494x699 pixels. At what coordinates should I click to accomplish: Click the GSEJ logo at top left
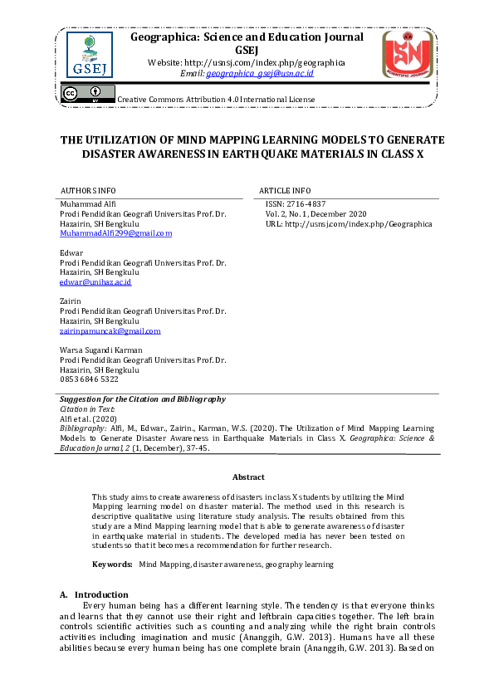point(90,53)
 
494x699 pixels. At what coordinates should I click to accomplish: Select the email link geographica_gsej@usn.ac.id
point(260,73)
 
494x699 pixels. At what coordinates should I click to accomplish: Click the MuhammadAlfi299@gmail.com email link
point(115,234)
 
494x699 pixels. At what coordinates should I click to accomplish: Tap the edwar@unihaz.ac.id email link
point(95,282)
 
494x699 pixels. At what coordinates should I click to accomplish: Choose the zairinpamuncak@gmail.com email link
point(110,330)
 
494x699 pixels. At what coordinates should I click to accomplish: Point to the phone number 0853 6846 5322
point(89,379)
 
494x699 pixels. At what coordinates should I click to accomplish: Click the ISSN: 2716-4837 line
point(295,203)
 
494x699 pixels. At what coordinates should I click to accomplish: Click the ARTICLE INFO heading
point(285,190)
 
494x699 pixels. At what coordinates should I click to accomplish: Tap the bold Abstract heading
point(248,477)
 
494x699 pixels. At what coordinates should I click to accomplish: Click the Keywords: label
point(112,565)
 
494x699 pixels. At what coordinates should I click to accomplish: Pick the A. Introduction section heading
point(94,594)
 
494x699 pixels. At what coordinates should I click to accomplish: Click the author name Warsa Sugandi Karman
point(101,350)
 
